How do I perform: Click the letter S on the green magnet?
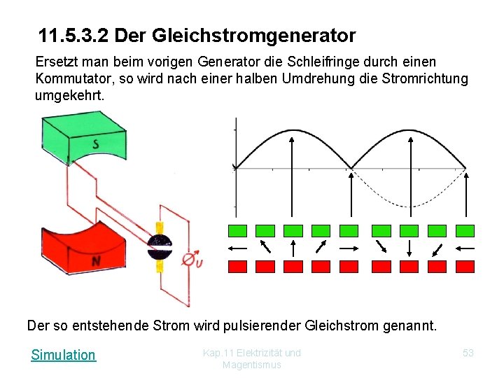pos(96,145)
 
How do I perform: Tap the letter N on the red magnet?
pos(96,260)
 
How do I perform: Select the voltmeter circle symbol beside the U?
pos(188,260)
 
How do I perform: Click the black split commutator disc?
pos(159,247)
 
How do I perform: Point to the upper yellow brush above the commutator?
pos(159,229)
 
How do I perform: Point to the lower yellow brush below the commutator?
pos(159,267)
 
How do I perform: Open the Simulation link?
pos(63,355)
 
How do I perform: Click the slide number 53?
pos(468,353)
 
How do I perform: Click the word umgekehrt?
pos(69,94)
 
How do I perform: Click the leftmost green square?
pos(238,230)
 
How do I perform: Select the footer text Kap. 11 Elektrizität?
pos(252,353)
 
